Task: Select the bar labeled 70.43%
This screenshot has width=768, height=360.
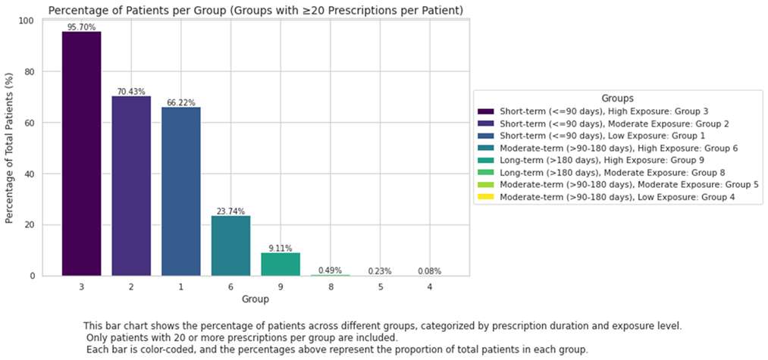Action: (x=131, y=186)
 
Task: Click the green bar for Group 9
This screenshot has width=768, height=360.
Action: (x=281, y=264)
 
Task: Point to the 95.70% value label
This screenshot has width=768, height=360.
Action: (x=81, y=27)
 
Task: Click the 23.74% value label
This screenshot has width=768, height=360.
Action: (x=230, y=211)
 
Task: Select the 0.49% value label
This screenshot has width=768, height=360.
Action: (x=330, y=271)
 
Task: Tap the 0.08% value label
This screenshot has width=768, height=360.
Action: (x=430, y=271)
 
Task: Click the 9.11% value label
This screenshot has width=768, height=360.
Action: (x=281, y=249)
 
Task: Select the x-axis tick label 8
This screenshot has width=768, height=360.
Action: (x=330, y=287)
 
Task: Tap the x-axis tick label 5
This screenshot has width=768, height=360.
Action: (x=380, y=287)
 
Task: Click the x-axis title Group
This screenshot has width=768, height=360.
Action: (x=255, y=300)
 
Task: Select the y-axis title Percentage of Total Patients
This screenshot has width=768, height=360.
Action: (x=10, y=149)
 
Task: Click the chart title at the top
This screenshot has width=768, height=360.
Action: (x=255, y=9)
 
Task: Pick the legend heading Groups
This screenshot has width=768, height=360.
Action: (x=618, y=99)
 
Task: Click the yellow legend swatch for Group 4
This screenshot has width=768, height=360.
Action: (x=487, y=198)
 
